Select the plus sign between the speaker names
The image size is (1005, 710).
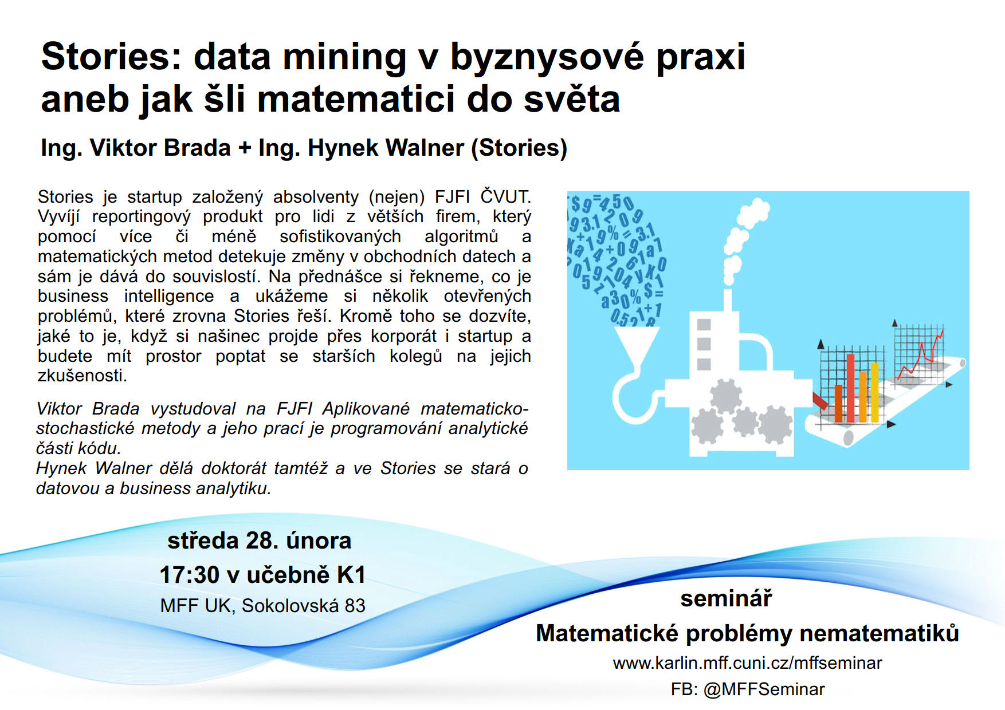coord(245,148)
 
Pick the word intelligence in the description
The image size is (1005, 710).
coord(169,297)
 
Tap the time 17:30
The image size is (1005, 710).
coord(190,575)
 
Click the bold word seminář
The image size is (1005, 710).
coord(726,599)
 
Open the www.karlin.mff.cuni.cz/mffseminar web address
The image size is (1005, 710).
coord(747,663)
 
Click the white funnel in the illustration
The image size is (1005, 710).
coord(637,344)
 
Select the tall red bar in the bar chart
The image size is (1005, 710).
coord(850,388)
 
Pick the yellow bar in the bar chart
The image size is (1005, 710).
coord(874,392)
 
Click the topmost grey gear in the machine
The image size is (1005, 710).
coord(726,396)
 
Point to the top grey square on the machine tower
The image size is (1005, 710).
coord(704,325)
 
